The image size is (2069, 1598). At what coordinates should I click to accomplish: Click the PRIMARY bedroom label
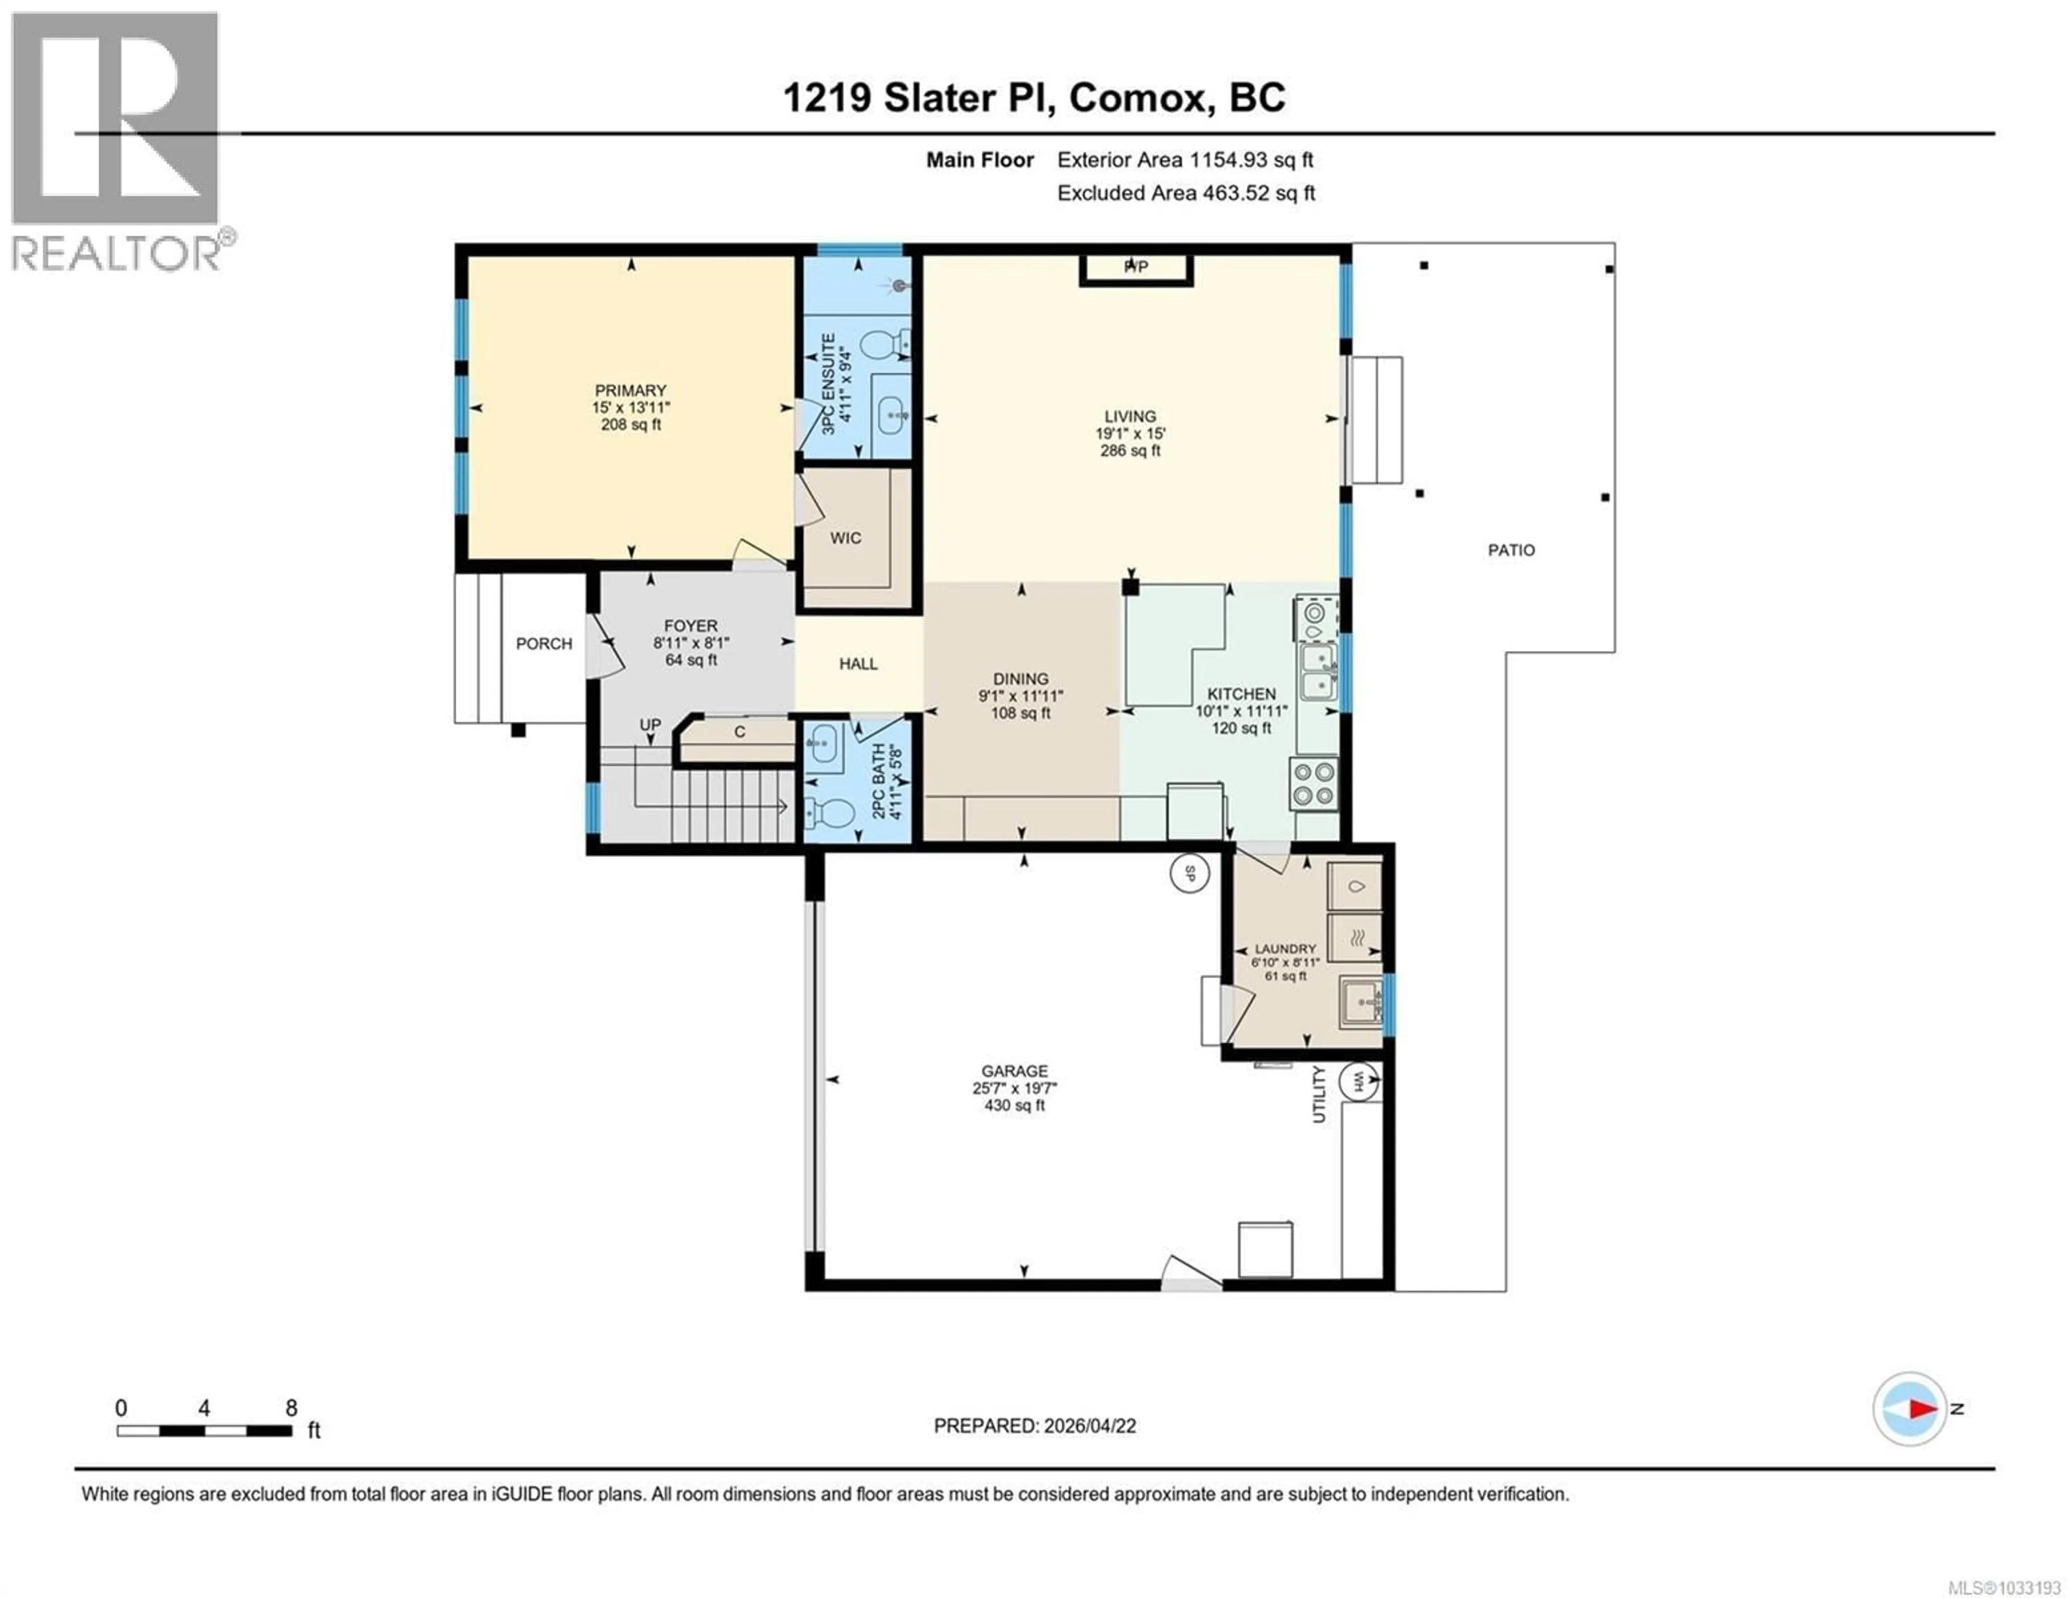coord(630,390)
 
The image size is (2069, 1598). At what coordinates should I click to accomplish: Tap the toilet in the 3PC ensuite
coord(886,345)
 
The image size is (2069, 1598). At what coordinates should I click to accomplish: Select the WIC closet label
coord(845,538)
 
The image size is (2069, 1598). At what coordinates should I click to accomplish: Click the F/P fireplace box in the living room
coord(1136,268)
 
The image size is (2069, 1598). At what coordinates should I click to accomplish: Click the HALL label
coord(858,664)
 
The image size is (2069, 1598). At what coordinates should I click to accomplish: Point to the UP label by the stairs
coord(650,724)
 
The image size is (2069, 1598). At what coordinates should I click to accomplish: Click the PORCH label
coord(544,643)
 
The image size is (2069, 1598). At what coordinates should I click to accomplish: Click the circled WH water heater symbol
coord(1358,1081)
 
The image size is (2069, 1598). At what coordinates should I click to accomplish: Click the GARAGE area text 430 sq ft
coord(1015,1105)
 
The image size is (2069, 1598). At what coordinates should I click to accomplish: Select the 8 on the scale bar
coord(291,1407)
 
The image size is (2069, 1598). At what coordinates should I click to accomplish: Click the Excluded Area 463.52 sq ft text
coord(1186,193)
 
